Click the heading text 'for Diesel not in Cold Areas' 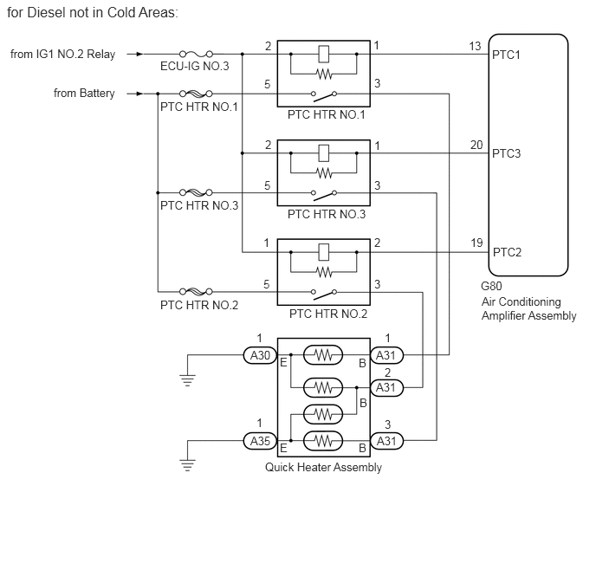(x=93, y=13)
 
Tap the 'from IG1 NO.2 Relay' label (x=62, y=54)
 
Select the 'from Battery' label (x=84, y=94)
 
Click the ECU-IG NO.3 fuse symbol (x=196, y=54)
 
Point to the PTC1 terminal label (x=506, y=55)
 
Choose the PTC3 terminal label (x=506, y=154)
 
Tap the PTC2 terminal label (x=506, y=253)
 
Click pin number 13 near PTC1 (x=476, y=46)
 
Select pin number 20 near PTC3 (x=476, y=145)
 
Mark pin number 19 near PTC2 (x=476, y=243)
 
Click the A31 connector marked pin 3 (x=385, y=441)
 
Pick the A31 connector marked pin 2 (x=385, y=387)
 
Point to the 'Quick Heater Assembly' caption (x=323, y=468)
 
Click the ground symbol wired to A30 (x=187, y=379)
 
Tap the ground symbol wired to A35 (x=187, y=465)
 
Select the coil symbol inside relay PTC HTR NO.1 (x=323, y=54)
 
